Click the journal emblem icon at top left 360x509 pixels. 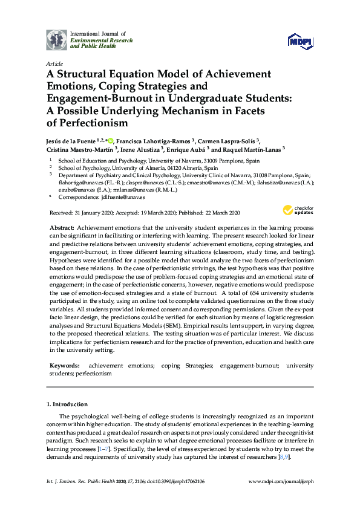56,39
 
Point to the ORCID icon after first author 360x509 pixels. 110,140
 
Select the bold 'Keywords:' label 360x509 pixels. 64,366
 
